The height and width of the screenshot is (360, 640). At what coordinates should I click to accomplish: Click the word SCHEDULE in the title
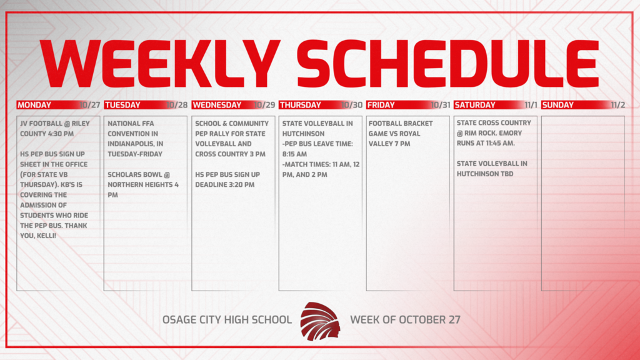coord(447,64)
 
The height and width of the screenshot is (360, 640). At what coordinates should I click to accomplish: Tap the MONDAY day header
coord(34,105)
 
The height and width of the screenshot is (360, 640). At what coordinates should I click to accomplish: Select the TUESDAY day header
coord(122,105)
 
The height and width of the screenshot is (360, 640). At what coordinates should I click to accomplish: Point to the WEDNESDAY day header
coord(216,105)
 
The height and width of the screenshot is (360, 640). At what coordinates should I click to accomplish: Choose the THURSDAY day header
coord(300,105)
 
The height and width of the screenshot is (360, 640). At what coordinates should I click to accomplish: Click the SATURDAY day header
coord(474,105)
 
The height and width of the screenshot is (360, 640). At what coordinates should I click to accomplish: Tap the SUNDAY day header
coord(558,105)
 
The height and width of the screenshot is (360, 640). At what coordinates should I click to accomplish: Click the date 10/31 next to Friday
coord(441,105)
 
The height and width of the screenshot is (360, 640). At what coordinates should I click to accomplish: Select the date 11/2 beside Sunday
coord(617,105)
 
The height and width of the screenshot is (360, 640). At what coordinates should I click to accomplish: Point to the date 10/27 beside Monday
coord(91,105)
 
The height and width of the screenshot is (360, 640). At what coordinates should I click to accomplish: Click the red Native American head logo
coord(321,320)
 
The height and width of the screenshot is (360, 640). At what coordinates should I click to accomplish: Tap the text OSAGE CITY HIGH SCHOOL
coord(227,319)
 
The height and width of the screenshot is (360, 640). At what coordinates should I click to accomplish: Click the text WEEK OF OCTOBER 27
coord(405,319)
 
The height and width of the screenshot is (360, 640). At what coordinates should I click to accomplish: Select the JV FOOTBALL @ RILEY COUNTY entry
coord(55,128)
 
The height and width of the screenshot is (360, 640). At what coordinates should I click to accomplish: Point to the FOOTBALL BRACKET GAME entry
coord(401,133)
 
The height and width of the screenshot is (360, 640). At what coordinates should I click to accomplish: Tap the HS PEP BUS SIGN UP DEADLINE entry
coord(226,179)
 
